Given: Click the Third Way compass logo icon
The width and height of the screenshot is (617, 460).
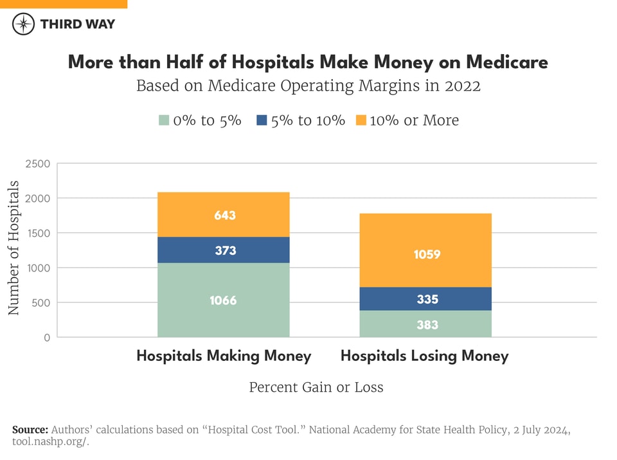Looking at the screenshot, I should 24,24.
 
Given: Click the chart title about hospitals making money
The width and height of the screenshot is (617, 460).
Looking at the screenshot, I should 308,62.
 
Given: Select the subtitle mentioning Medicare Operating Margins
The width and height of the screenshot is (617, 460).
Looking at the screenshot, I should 308,86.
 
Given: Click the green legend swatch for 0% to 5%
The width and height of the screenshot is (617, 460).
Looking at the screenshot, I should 164,120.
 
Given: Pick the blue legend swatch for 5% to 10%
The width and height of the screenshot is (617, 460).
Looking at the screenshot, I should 261,120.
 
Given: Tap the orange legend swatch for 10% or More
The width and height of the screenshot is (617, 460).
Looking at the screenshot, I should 361,120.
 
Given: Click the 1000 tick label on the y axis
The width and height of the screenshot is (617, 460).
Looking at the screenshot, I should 37,268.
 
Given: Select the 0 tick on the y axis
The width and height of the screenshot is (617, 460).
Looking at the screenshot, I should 46,338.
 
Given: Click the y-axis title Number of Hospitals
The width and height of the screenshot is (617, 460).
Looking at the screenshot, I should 13,248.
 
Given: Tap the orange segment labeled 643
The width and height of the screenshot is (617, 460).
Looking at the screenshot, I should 224,215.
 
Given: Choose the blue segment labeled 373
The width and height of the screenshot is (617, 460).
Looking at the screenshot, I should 224,250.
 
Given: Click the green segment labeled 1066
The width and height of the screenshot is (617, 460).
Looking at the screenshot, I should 224,300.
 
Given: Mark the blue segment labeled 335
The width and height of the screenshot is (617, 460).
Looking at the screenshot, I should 425,299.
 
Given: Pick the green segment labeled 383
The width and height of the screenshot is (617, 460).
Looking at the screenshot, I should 425,324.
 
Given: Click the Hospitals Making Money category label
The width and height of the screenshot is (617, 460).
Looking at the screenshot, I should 224,356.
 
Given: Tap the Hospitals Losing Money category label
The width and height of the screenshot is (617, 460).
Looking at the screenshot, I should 424,356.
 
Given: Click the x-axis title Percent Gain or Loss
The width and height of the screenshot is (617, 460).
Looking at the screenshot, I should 316,387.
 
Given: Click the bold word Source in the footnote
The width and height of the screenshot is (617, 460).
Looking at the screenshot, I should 30,429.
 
